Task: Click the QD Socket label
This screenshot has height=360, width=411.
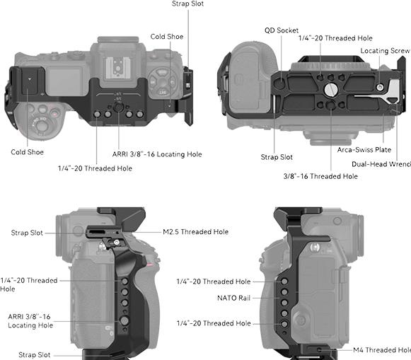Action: point(282,30)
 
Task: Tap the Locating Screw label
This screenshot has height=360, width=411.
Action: point(385,51)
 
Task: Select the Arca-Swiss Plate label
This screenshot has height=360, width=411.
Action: point(364,150)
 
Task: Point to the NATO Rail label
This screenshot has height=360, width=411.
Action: point(234,298)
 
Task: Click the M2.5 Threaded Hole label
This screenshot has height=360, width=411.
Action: point(195,231)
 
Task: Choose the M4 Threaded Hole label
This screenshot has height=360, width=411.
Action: point(382,350)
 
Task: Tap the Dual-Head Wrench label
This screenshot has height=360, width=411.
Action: point(381,164)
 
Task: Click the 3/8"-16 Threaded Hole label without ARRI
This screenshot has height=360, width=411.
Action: point(320,176)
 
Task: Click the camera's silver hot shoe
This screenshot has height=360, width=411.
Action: point(117,68)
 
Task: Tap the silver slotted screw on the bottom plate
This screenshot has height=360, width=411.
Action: point(331,90)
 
